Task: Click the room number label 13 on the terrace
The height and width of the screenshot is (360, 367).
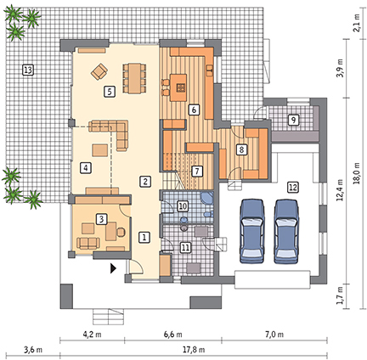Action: [28, 70]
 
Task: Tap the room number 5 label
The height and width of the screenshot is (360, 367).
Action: [110, 92]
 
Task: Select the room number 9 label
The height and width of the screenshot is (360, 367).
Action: [293, 120]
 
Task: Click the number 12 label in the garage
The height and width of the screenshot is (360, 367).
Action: [293, 187]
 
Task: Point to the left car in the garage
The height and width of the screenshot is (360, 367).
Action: [252, 231]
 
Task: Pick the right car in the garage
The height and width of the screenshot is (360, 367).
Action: [286, 231]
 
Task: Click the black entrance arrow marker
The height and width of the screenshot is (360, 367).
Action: [113, 268]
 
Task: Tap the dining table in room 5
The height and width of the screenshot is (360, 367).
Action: [135, 78]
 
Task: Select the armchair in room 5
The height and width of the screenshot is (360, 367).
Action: [99, 71]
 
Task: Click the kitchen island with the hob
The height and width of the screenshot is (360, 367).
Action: [178, 87]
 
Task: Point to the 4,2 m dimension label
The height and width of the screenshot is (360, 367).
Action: [93, 335]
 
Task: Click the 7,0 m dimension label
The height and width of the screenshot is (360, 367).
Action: [274, 335]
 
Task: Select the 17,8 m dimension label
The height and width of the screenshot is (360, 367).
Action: [194, 350]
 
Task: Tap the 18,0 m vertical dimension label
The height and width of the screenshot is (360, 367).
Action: [357, 173]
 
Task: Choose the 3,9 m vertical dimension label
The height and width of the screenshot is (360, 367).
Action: [340, 68]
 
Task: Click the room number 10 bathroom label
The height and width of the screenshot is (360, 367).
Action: [183, 206]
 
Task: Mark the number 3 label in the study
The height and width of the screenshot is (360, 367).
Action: [102, 219]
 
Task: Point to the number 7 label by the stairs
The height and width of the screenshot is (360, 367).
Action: [197, 172]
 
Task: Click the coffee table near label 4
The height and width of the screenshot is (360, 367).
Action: [99, 150]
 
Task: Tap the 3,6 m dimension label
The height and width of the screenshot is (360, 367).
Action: [33, 350]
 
